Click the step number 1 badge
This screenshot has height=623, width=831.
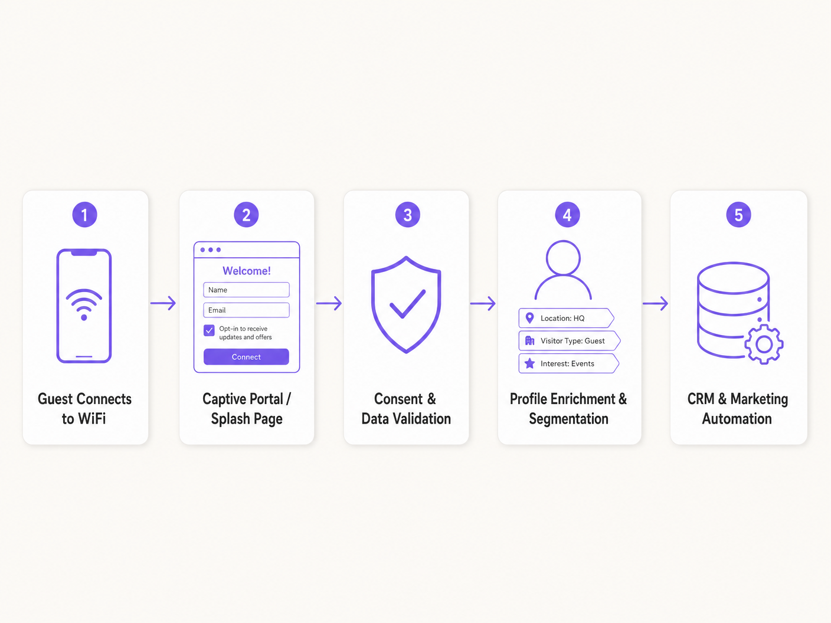point(84,215)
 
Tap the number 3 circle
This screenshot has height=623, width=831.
point(407,215)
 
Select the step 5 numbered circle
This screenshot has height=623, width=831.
point(738,215)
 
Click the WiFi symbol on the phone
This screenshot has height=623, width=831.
point(84,304)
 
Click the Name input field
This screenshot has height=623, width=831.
point(246,290)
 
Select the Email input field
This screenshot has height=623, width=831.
point(246,310)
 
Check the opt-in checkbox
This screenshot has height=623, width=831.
point(210,330)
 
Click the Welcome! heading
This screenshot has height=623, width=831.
point(247,271)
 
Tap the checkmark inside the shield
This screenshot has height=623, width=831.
point(407,303)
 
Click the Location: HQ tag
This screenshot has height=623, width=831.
point(566,318)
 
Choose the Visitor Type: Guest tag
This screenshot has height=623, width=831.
point(569,341)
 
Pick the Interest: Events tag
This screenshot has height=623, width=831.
point(568,363)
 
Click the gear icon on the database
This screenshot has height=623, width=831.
point(764,344)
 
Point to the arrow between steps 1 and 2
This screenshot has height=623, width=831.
point(163,303)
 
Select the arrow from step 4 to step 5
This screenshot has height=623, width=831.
point(655,303)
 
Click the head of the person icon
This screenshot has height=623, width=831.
point(563,258)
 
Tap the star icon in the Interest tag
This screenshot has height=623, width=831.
point(530,363)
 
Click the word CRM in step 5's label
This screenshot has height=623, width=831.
point(701,399)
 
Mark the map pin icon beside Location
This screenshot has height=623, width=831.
point(530,318)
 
